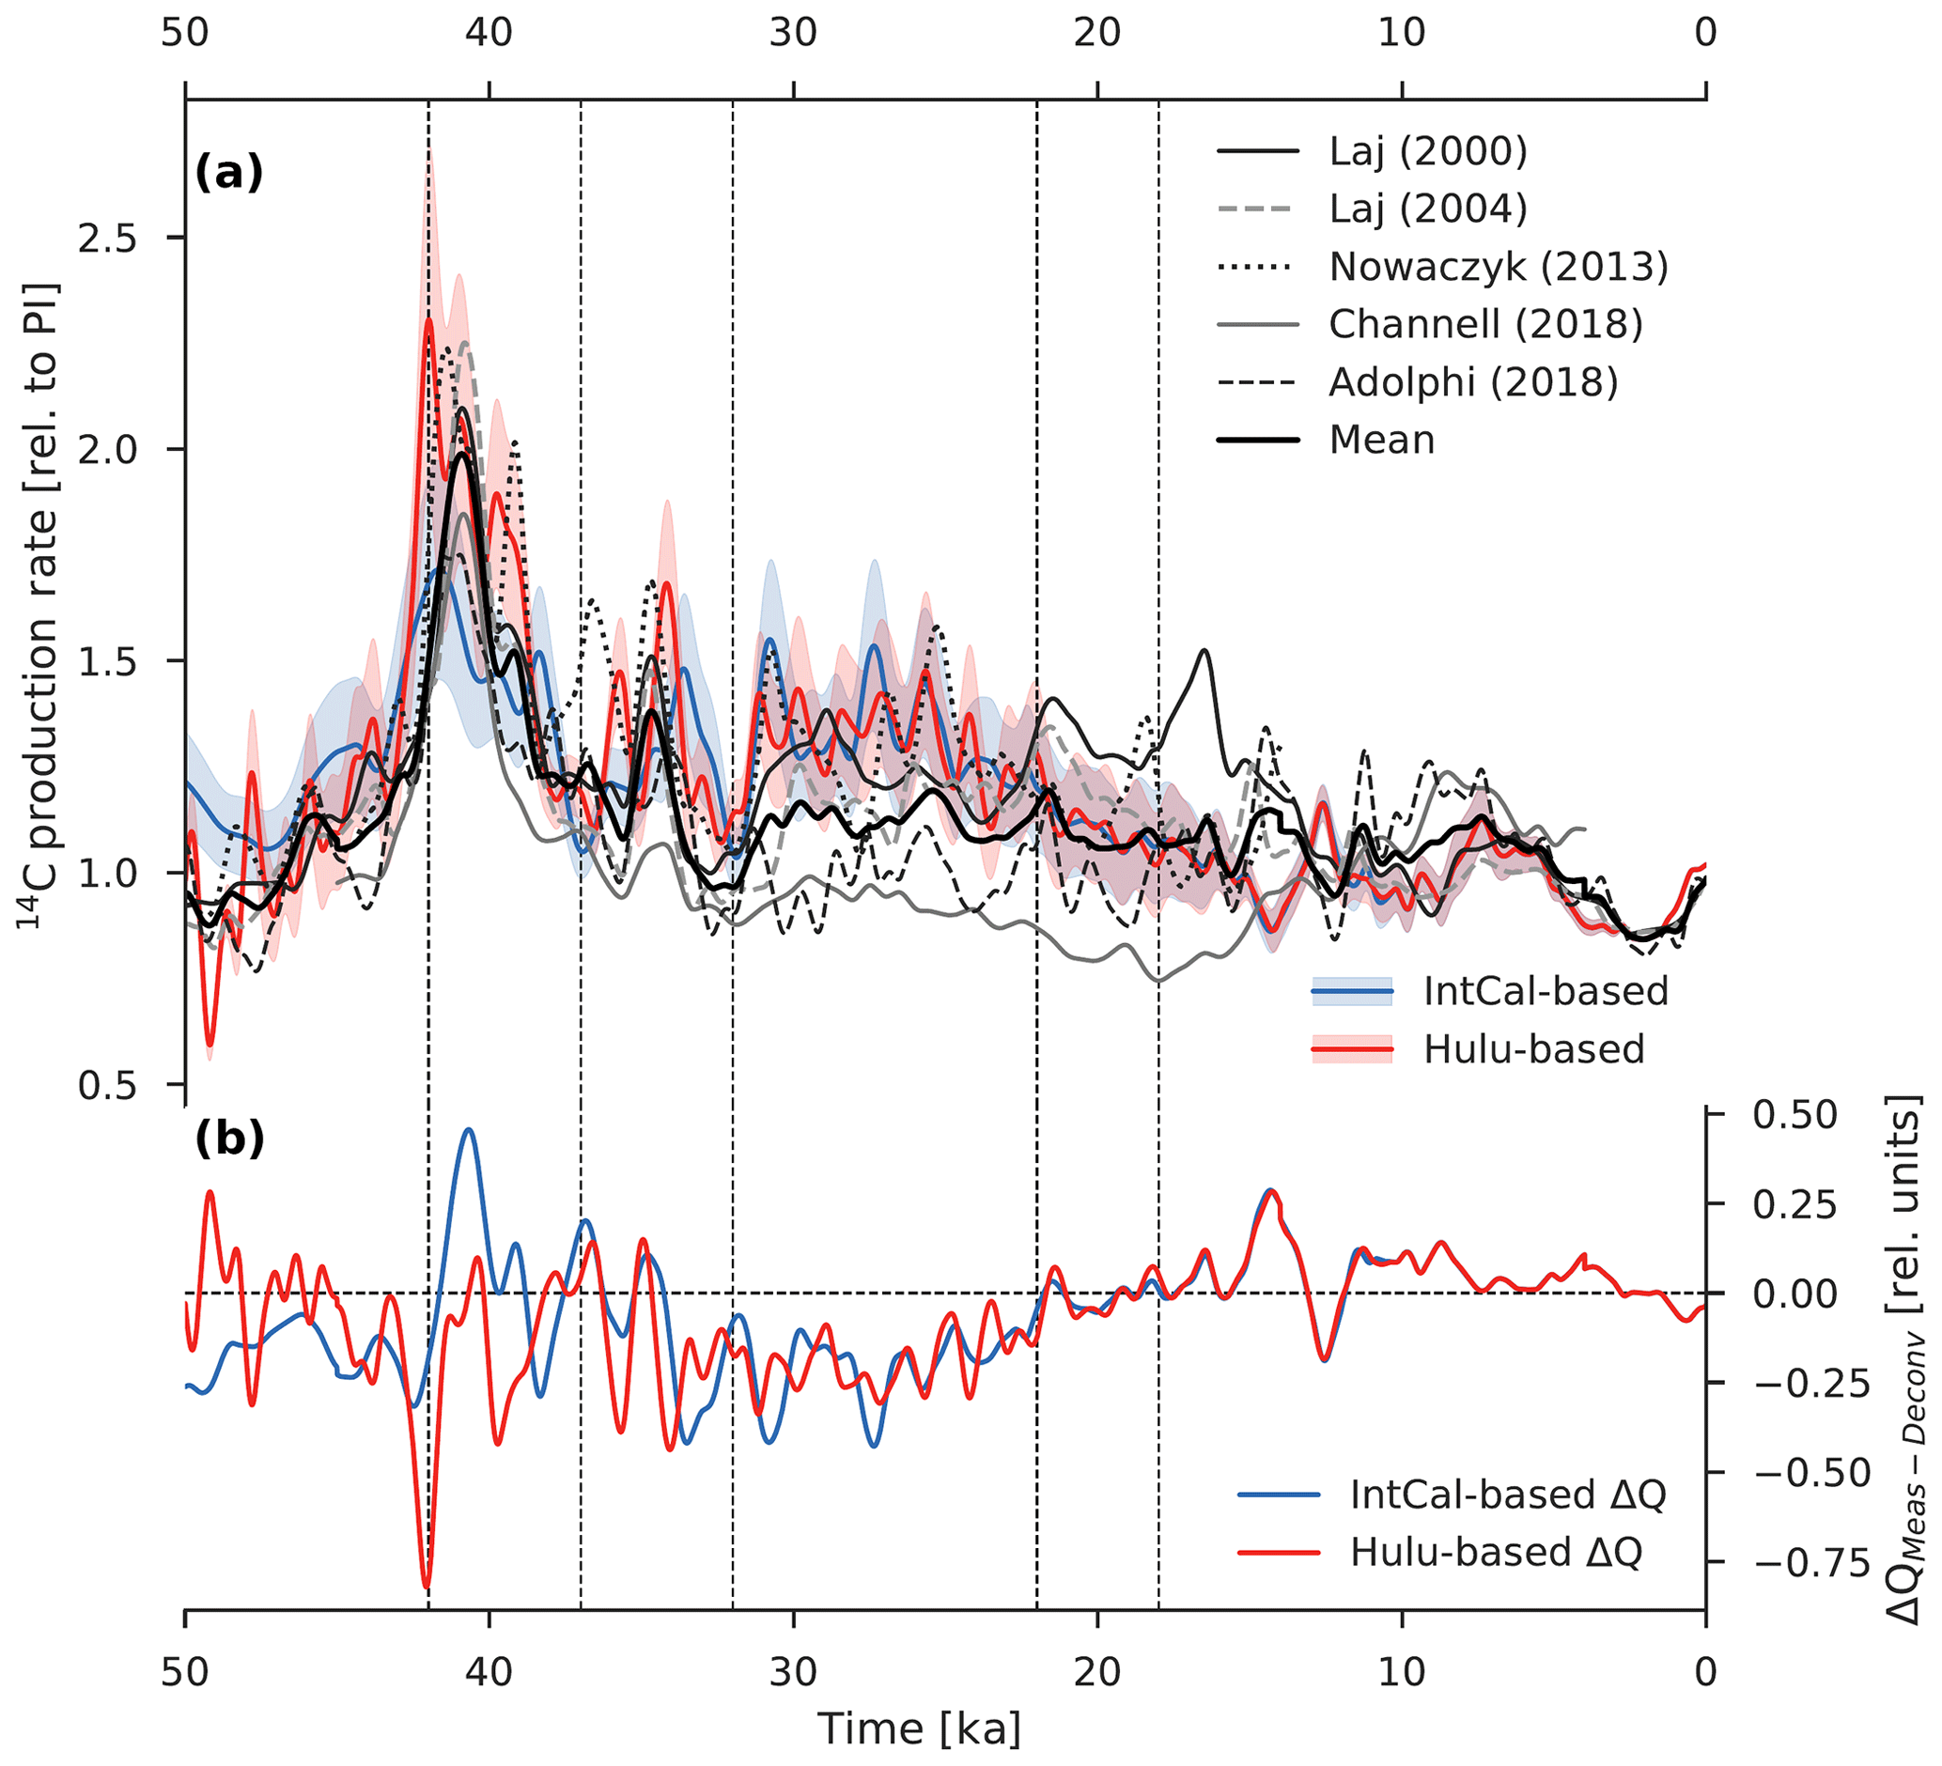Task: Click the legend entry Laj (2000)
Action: click(x=1427, y=151)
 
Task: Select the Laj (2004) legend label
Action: click(x=1427, y=209)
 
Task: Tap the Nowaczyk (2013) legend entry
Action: click(x=1498, y=267)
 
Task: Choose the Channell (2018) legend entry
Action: click(x=1485, y=324)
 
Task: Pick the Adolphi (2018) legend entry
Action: click(x=1473, y=382)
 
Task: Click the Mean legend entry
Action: click(x=1381, y=440)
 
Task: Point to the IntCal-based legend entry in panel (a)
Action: click(x=1546, y=991)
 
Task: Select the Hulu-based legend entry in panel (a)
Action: click(x=1533, y=1048)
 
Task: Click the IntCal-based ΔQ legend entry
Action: click(x=1508, y=1495)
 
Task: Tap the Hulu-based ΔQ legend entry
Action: click(x=1496, y=1552)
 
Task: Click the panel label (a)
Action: click(x=228, y=174)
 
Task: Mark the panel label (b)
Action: click(x=228, y=1139)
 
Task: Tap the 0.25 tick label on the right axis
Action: click(x=1794, y=1204)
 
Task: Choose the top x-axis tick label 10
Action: click(x=1401, y=34)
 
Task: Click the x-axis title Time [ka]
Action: click(x=918, y=1729)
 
